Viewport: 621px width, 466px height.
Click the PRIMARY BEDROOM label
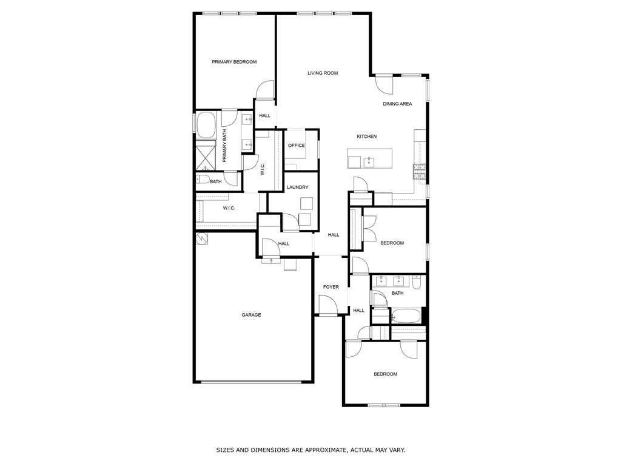pyautogui.click(x=233, y=62)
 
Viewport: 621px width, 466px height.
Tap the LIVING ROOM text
pyautogui.click(x=322, y=73)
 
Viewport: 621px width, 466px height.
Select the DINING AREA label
pyautogui.click(x=397, y=104)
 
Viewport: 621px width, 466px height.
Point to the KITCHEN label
pyautogui.click(x=366, y=137)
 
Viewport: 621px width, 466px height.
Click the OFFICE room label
pyautogui.click(x=296, y=146)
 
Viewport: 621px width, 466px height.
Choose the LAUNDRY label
pyautogui.click(x=298, y=187)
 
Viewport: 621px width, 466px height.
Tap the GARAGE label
pyautogui.click(x=251, y=315)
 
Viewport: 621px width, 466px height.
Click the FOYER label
pyautogui.click(x=331, y=287)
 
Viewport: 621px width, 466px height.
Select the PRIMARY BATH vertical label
pyautogui.click(x=224, y=146)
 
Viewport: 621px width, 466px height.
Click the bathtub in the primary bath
pyautogui.click(x=207, y=125)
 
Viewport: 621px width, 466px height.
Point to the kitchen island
pyautogui.click(x=369, y=158)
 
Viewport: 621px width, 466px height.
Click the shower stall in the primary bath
pyautogui.click(x=206, y=156)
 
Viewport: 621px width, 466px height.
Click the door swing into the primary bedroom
pyautogui.click(x=265, y=90)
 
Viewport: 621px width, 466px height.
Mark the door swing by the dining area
pyautogui.click(x=384, y=84)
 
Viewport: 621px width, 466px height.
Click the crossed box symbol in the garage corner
pyautogui.click(x=202, y=239)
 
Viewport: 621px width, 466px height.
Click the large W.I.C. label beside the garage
pyautogui.click(x=229, y=209)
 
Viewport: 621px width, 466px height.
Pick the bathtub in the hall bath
pyautogui.click(x=406, y=316)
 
